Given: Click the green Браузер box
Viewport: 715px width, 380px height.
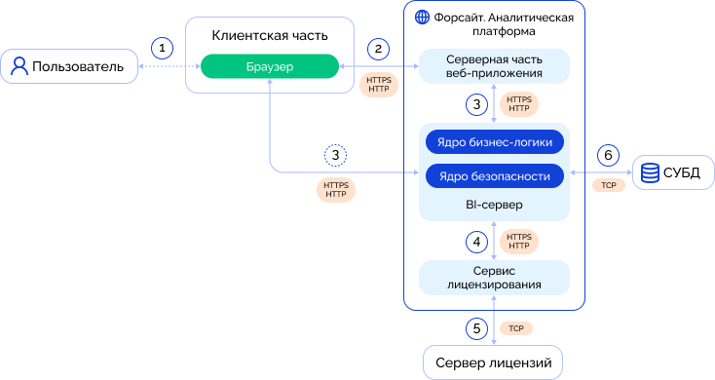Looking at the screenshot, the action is pyautogui.click(x=270, y=66).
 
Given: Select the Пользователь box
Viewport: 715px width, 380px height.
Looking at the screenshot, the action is pyautogui.click(x=69, y=66).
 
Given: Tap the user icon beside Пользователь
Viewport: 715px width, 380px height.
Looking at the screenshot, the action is pyautogui.click(x=19, y=66).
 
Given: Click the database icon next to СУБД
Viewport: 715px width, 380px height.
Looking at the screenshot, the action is pyautogui.click(x=650, y=172).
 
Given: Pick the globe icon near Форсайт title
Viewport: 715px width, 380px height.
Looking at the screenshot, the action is pyautogui.click(x=422, y=18).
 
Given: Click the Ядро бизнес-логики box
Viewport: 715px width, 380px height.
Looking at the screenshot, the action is pyautogui.click(x=494, y=142).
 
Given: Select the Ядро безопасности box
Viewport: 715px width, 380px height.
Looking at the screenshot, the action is pyautogui.click(x=494, y=176).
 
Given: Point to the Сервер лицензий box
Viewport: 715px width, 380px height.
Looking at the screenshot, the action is pyautogui.click(x=493, y=362).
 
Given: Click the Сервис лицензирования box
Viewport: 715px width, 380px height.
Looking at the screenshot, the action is pyautogui.click(x=494, y=278).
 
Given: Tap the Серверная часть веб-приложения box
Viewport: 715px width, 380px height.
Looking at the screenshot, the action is pyautogui.click(x=494, y=66).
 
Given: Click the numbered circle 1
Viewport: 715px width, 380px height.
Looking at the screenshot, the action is pyautogui.click(x=162, y=48).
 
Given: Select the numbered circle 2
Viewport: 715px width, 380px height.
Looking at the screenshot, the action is pyautogui.click(x=378, y=49).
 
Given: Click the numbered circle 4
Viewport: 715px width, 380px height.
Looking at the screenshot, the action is pyautogui.click(x=476, y=242).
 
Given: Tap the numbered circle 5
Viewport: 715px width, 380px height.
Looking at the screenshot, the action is pyautogui.click(x=476, y=328).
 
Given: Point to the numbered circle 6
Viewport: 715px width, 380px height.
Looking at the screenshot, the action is pyautogui.click(x=608, y=156).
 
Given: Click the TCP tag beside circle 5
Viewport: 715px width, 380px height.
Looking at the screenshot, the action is pyautogui.click(x=516, y=328).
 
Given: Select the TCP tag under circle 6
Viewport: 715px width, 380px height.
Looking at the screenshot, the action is pyautogui.click(x=608, y=185).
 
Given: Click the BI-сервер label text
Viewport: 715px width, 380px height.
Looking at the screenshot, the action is pyautogui.click(x=494, y=205).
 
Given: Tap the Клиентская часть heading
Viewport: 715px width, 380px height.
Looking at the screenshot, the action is pyautogui.click(x=270, y=36).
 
